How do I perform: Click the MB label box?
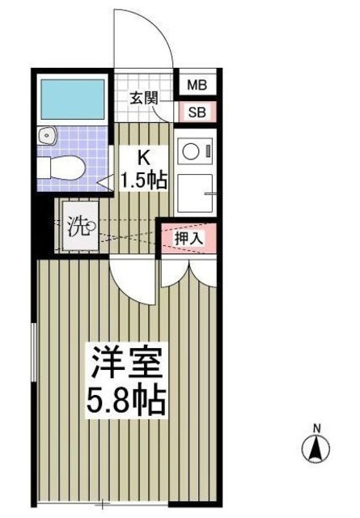tap(197, 85)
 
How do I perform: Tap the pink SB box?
tap(197, 112)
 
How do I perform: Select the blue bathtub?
tap(73, 99)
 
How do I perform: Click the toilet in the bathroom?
tap(61, 167)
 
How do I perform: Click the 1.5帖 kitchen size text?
tap(144, 180)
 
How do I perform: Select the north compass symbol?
tap(317, 448)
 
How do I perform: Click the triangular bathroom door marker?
tap(104, 181)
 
